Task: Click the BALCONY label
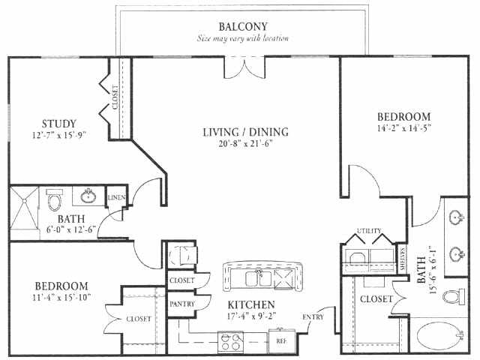coord(243,27)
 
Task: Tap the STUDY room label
coord(58,124)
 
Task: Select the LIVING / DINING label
coord(246,132)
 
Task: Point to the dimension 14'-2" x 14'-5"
coord(404,128)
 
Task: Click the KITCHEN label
coord(251,304)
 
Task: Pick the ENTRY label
coord(313,317)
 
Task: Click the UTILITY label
coord(369,230)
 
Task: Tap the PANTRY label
coord(182,304)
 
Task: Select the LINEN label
coord(116,197)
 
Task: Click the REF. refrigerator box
coord(282,340)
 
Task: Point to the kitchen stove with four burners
coord(231,342)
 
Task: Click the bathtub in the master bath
coord(440,337)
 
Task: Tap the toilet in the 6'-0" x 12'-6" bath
coord(55,199)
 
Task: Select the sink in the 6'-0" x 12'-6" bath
coord(88,196)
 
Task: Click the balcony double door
coord(244,67)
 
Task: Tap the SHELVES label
coord(402,259)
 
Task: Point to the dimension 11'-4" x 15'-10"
coord(61,297)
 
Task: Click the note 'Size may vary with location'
coord(242,38)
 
